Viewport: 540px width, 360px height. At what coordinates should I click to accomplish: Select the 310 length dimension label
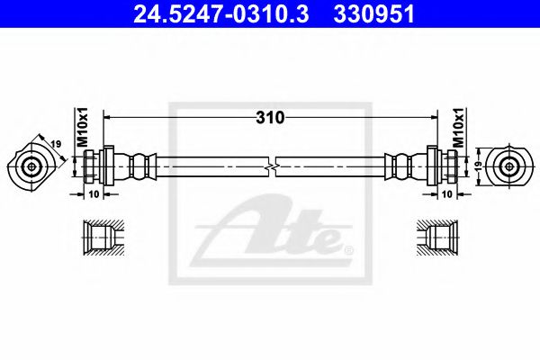pyautogui.click(x=270, y=118)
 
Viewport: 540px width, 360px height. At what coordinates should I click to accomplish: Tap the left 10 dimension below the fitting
pyautogui.click(x=93, y=193)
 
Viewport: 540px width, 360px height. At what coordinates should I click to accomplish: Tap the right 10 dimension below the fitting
pyautogui.click(x=445, y=193)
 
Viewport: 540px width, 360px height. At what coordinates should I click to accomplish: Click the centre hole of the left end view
pyautogui.click(x=32, y=166)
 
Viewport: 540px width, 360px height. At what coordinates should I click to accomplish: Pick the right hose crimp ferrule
pyautogui.click(x=401, y=166)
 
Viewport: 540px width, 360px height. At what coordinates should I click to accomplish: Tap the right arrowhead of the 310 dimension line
pyautogui.click(x=433, y=118)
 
